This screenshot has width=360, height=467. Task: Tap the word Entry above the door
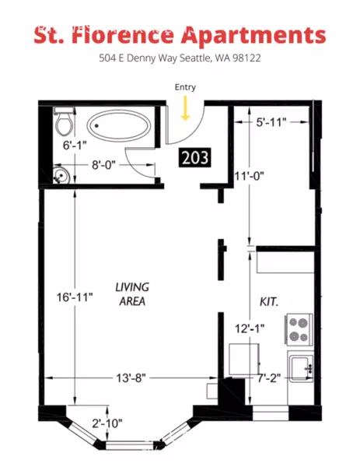(186, 86)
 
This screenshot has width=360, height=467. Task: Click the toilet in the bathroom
(64, 123)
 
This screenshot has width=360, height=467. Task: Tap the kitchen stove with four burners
(299, 330)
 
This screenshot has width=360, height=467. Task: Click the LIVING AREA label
(132, 293)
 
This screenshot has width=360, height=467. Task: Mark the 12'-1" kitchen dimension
(250, 328)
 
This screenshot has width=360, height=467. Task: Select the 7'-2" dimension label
(273, 378)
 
